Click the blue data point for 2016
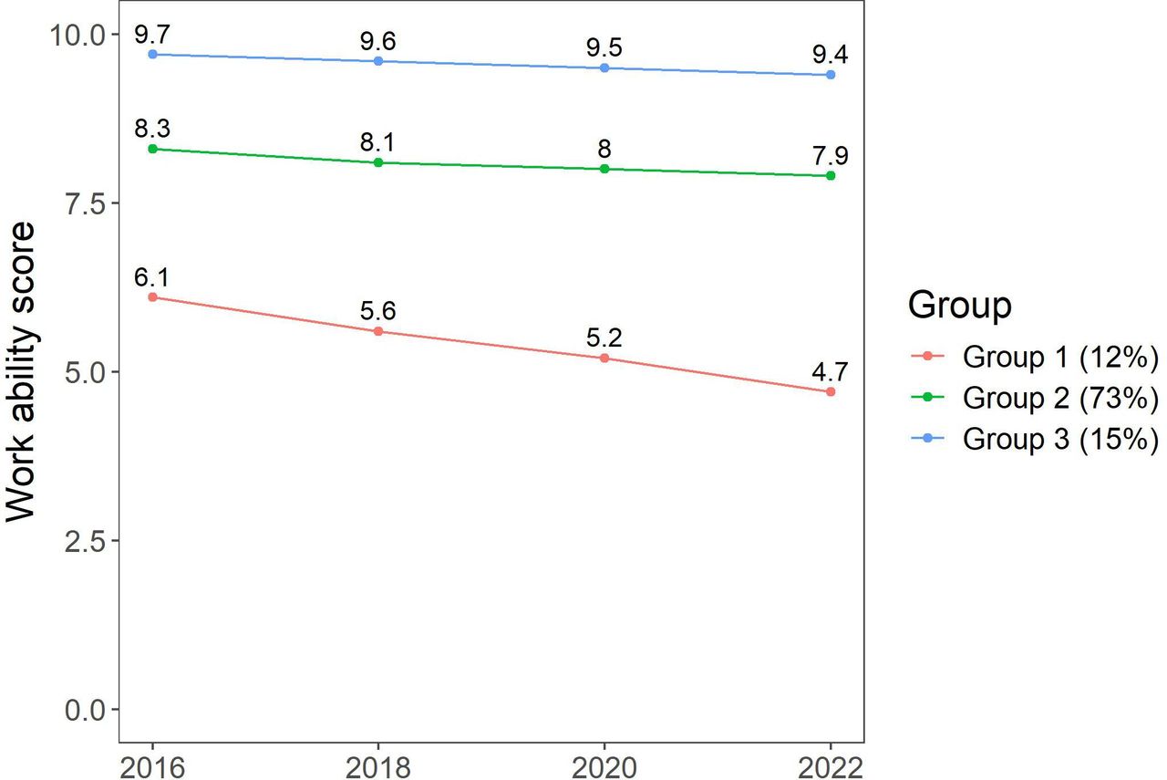(x=152, y=54)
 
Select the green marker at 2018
(x=378, y=162)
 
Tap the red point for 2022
(x=831, y=391)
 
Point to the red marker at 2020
(x=604, y=359)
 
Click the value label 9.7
(x=152, y=35)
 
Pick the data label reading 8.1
(x=377, y=141)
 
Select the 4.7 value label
(x=830, y=371)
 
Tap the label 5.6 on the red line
(x=377, y=311)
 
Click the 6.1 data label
(x=151, y=276)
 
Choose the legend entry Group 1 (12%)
(x=1035, y=357)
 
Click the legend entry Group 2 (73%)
(x=1035, y=398)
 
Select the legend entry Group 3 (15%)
(x=1035, y=439)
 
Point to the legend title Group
(x=960, y=306)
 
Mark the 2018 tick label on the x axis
(x=378, y=767)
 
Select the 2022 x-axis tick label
(x=831, y=767)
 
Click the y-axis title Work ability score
(x=21, y=371)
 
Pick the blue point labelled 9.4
(x=831, y=75)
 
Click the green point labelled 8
(x=604, y=169)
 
